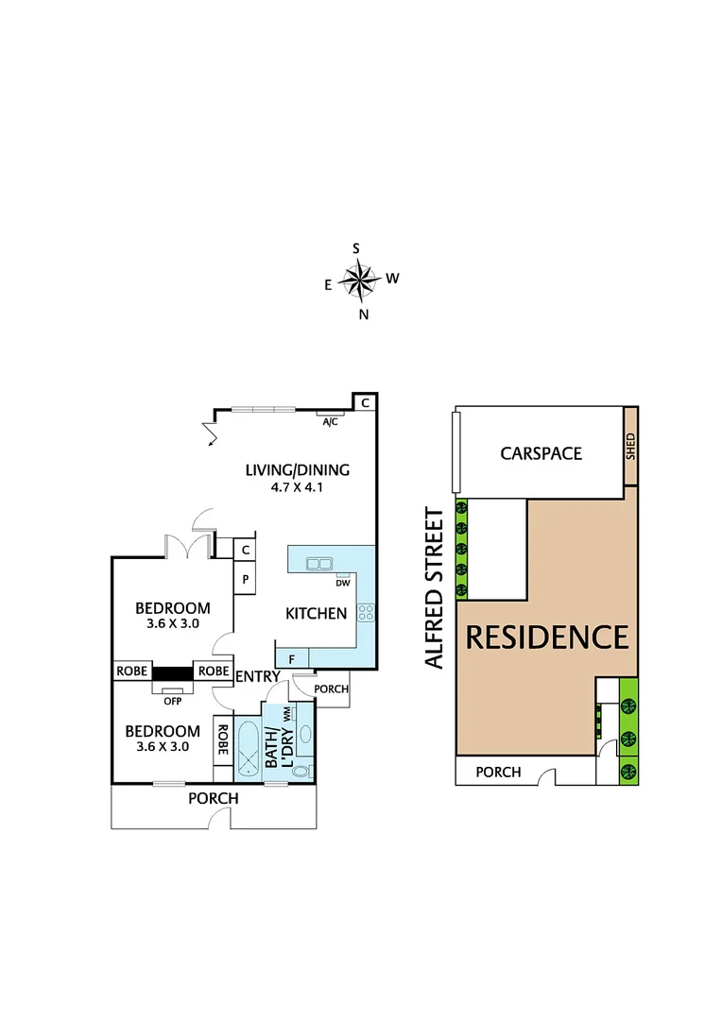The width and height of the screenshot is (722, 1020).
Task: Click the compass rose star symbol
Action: [358, 279]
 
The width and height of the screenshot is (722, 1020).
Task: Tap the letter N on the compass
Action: [363, 315]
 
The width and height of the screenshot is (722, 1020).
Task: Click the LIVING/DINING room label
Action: [297, 469]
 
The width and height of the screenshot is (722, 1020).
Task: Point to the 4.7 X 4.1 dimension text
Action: [297, 488]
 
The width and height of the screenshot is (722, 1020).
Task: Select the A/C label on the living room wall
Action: [330, 421]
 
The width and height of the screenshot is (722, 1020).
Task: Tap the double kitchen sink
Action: [318, 564]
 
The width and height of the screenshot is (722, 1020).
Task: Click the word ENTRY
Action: [258, 676]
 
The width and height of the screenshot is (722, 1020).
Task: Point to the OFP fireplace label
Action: [172, 700]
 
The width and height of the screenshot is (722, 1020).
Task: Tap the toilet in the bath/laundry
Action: [300, 771]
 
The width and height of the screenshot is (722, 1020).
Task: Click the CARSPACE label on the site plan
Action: [541, 453]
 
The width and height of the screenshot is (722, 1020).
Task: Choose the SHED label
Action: [630, 446]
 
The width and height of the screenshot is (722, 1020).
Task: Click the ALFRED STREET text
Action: [435, 587]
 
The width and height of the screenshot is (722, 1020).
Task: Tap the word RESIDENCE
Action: [547, 637]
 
